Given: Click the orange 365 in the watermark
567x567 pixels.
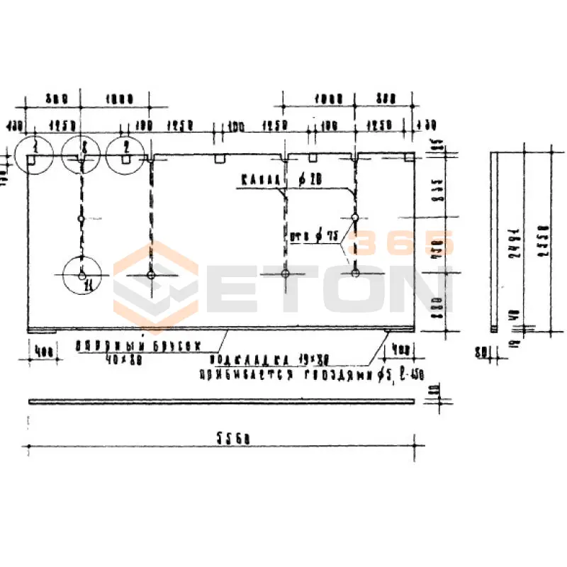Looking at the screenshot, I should coord(404,245).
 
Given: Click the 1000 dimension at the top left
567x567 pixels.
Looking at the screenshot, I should coord(116,100).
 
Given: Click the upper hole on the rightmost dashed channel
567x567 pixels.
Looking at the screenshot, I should coord(354,216).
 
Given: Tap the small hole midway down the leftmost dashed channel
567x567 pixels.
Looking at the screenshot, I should coord(82,219).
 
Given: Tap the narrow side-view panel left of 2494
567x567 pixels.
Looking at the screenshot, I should coord(494,241).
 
